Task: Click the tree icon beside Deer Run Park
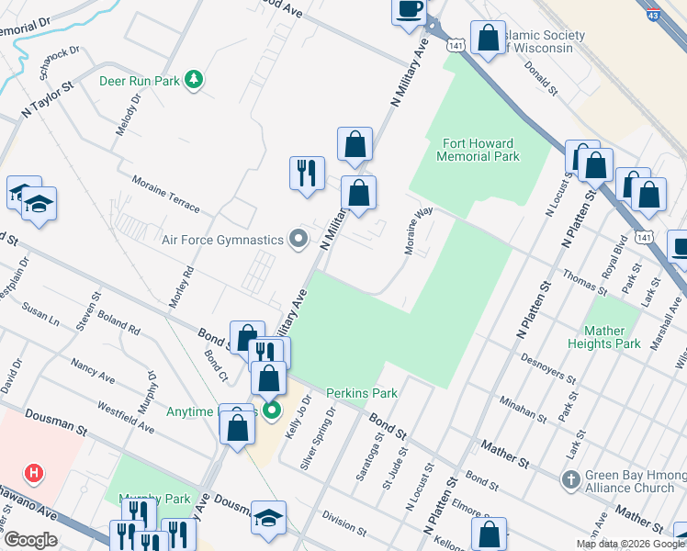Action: (x=193, y=81)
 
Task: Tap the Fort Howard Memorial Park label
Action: (x=478, y=150)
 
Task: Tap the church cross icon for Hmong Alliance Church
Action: (x=570, y=479)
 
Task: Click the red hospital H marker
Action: (x=34, y=474)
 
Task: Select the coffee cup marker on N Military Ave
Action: (x=409, y=10)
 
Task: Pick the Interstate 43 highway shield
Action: (x=653, y=14)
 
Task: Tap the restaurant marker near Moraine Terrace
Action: (x=307, y=173)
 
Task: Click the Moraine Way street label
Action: (x=418, y=231)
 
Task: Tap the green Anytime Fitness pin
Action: (x=271, y=410)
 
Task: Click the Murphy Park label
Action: (x=154, y=499)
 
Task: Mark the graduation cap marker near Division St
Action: (x=268, y=517)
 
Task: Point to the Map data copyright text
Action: (x=630, y=544)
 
